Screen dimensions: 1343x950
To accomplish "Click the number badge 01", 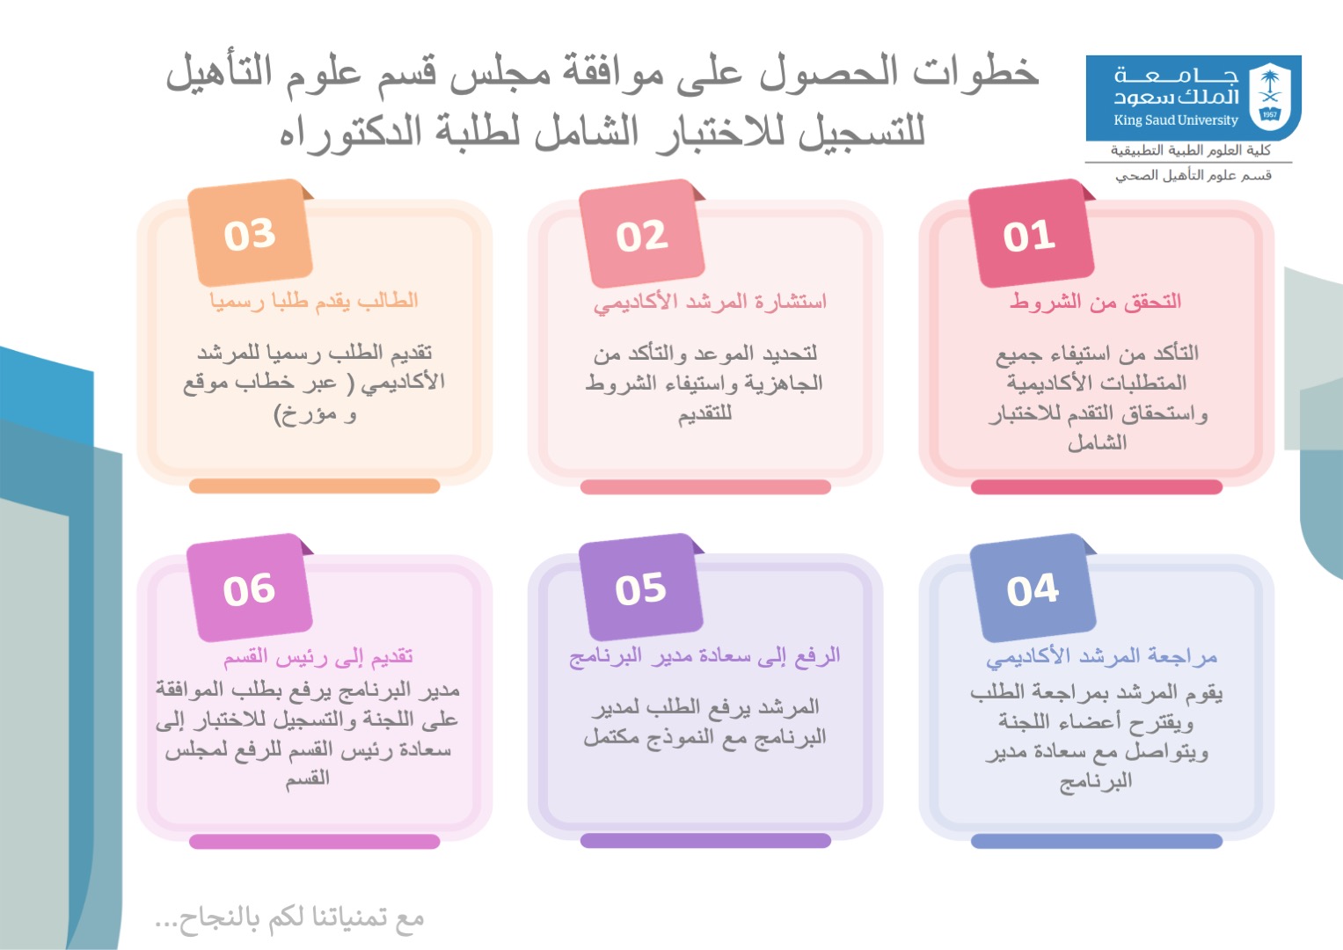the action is pyautogui.click(x=1032, y=234).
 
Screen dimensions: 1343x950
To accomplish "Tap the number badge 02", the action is pyautogui.click(x=641, y=234).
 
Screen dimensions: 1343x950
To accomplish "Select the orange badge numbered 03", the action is pyautogui.click(x=250, y=233).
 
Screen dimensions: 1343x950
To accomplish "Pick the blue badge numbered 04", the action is pyautogui.click(x=1033, y=588).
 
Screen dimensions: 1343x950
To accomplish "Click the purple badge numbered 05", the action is pyautogui.click(x=641, y=588).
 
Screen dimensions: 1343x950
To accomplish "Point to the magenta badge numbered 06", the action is pyautogui.click(x=250, y=588).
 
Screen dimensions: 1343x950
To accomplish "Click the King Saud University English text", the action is pyautogui.click(x=1176, y=120).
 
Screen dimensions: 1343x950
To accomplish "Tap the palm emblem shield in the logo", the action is pyautogui.click(x=1270, y=96).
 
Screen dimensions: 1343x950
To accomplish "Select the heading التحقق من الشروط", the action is pyautogui.click(x=1095, y=301).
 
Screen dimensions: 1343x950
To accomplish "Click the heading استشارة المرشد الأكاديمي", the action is pyautogui.click(x=710, y=302).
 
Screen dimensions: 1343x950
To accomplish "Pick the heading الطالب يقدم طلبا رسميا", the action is pyautogui.click(x=314, y=300).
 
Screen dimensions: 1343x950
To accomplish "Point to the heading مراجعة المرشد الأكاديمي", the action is pyautogui.click(x=1102, y=656).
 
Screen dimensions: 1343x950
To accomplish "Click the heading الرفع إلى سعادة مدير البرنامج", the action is pyautogui.click(x=704, y=656).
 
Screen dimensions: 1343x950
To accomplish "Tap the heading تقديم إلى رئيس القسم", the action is pyautogui.click(x=318, y=657).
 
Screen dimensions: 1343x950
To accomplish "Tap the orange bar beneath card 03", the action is pyautogui.click(x=315, y=486).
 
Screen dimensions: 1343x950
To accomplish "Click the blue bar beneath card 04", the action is pyautogui.click(x=1097, y=841).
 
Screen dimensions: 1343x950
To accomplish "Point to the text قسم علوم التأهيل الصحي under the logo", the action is pyautogui.click(x=1193, y=175).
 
